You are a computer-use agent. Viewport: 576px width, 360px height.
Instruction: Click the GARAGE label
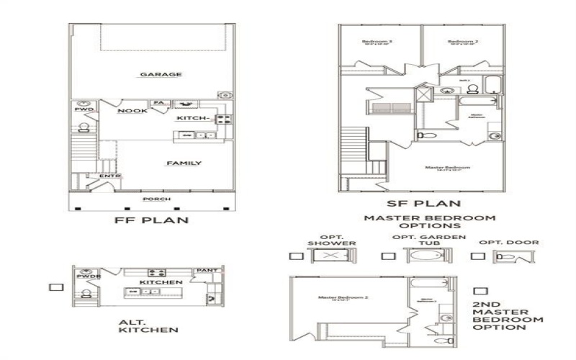pyautogui.click(x=161, y=74)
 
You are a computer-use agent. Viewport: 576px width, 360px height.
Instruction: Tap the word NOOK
pyautogui.click(x=133, y=111)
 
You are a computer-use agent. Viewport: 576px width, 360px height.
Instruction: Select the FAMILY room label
pyautogui.click(x=184, y=163)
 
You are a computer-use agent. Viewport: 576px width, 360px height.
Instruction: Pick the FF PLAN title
pyautogui.click(x=152, y=220)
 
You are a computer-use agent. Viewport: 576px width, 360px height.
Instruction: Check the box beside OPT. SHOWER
pyautogui.click(x=294, y=256)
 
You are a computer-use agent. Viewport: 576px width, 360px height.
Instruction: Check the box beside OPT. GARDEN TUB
pyautogui.click(x=388, y=256)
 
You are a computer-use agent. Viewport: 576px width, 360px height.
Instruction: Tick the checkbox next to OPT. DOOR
pyautogui.click(x=477, y=256)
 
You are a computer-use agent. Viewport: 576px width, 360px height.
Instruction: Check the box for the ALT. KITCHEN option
pyautogui.click(x=52, y=287)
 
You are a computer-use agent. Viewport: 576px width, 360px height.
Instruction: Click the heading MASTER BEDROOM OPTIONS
pyautogui.click(x=429, y=222)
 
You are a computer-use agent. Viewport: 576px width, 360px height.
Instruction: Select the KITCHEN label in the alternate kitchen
pyautogui.click(x=161, y=282)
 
